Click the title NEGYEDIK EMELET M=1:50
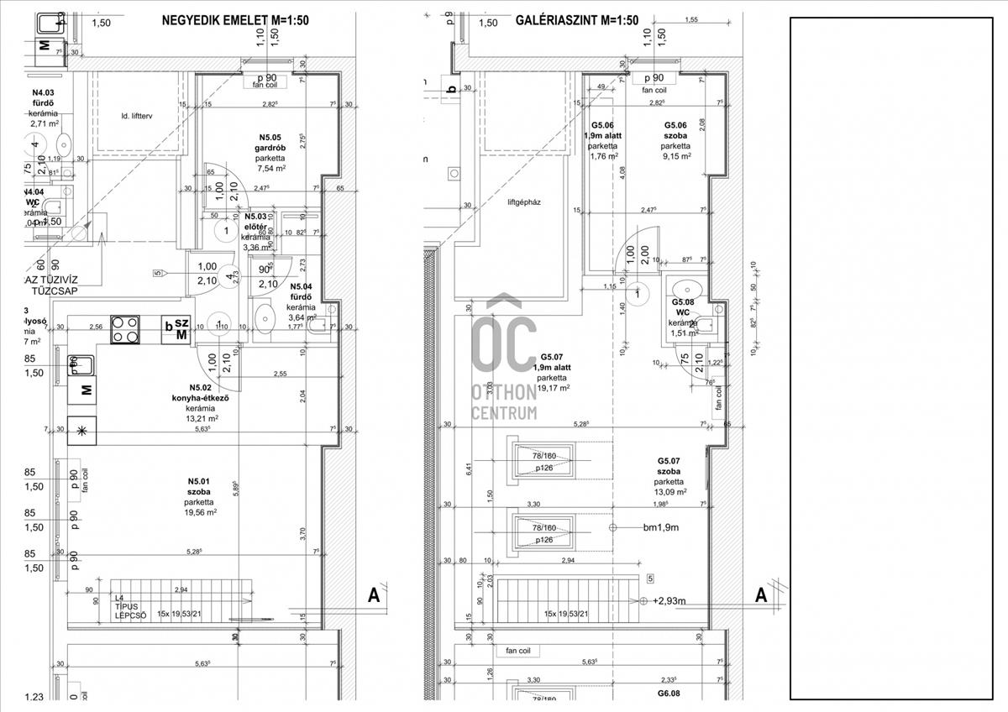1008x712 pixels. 235,22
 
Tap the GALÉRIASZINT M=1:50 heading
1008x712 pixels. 576,22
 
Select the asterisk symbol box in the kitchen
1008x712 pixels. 81,430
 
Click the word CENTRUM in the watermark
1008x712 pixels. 504,412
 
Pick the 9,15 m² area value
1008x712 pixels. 675,156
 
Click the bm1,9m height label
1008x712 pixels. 660,527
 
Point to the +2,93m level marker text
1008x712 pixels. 669,601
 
